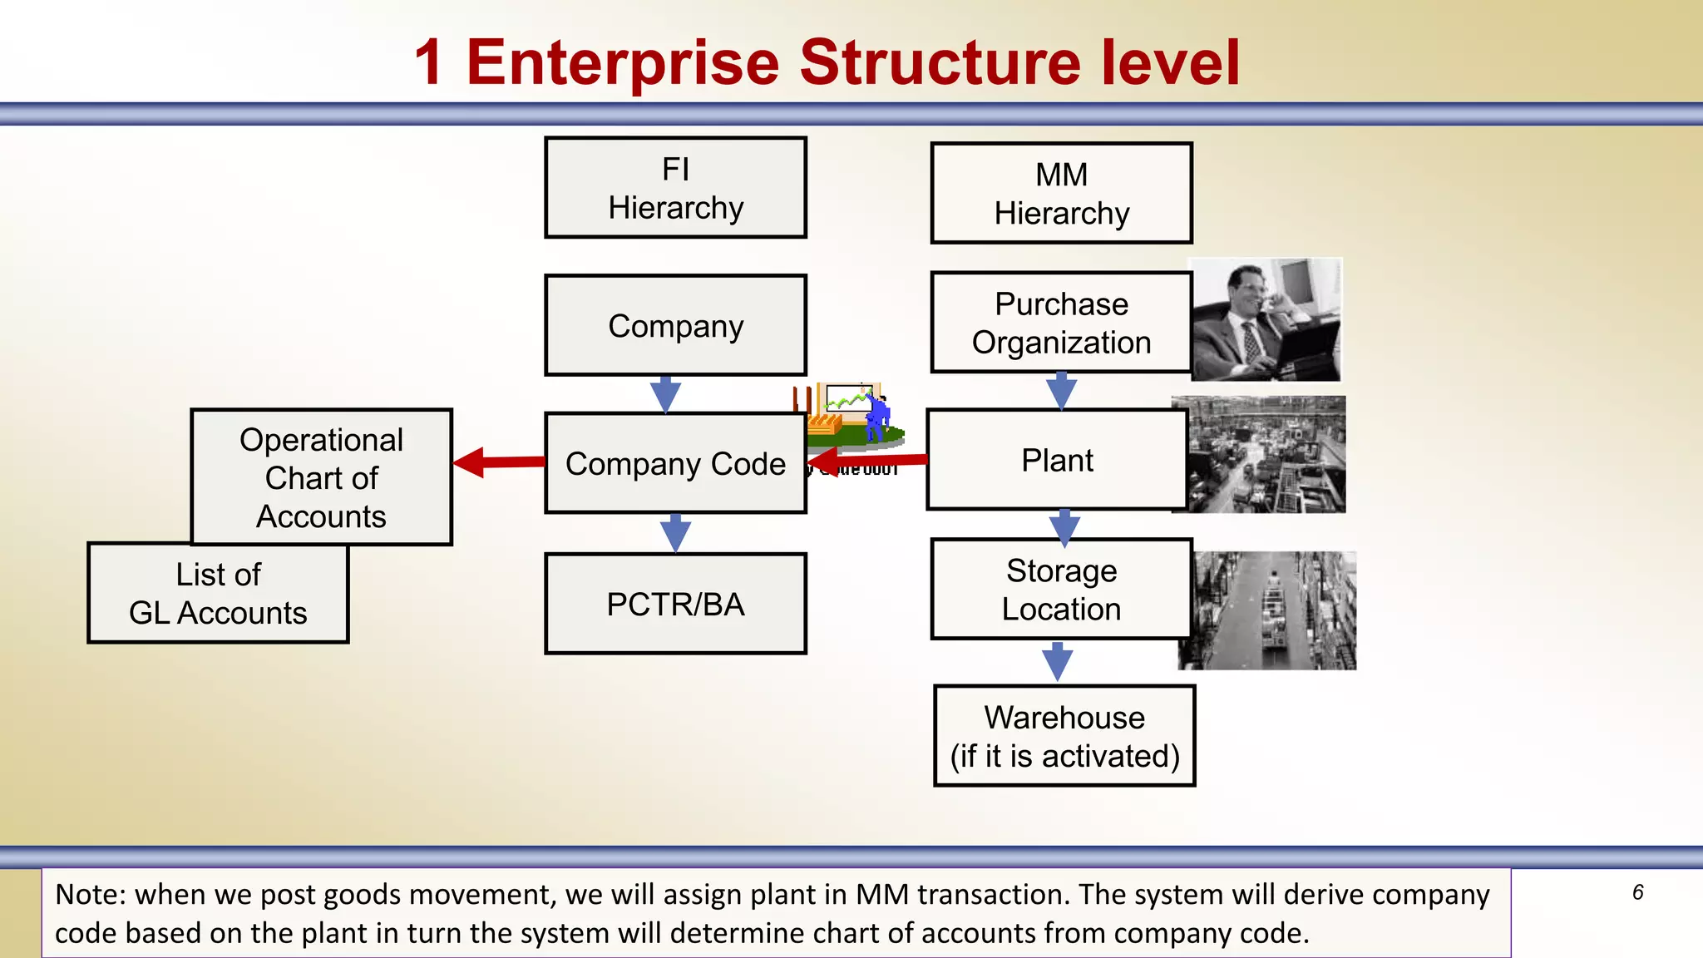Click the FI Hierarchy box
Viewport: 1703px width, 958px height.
pyautogui.click(x=675, y=188)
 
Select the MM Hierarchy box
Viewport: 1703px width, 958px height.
pyautogui.click(x=1061, y=193)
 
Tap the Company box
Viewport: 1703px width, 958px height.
pyautogui.click(x=675, y=325)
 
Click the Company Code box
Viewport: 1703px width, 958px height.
pyautogui.click(x=675, y=463)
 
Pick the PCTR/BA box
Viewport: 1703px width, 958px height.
pyautogui.click(x=675, y=604)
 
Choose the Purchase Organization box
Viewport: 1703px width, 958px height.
pyautogui.click(x=1061, y=323)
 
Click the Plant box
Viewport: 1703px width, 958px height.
pyautogui.click(x=1056, y=460)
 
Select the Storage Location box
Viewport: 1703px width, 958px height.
pyautogui.click(x=1061, y=590)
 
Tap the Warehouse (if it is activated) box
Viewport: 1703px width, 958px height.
pyautogui.click(x=1064, y=736)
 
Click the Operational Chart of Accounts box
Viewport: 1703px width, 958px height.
pyautogui.click(x=321, y=477)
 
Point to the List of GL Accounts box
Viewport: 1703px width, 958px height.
pyautogui.click(x=218, y=593)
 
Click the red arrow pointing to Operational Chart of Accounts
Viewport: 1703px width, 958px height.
pyautogui.click(x=497, y=462)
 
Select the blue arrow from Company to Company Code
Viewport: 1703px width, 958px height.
pyautogui.click(x=665, y=393)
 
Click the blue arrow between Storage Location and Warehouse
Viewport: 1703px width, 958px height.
pyautogui.click(x=1057, y=661)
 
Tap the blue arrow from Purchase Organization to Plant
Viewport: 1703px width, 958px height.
pyautogui.click(x=1061, y=390)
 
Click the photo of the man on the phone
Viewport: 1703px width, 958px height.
pyautogui.click(x=1266, y=319)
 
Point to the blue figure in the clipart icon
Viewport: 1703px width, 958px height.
pyautogui.click(x=876, y=416)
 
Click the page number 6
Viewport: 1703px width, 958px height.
pyautogui.click(x=1637, y=892)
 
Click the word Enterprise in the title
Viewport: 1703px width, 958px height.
pyautogui.click(x=622, y=63)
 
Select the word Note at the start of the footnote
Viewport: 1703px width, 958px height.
pyautogui.click(x=88, y=895)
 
